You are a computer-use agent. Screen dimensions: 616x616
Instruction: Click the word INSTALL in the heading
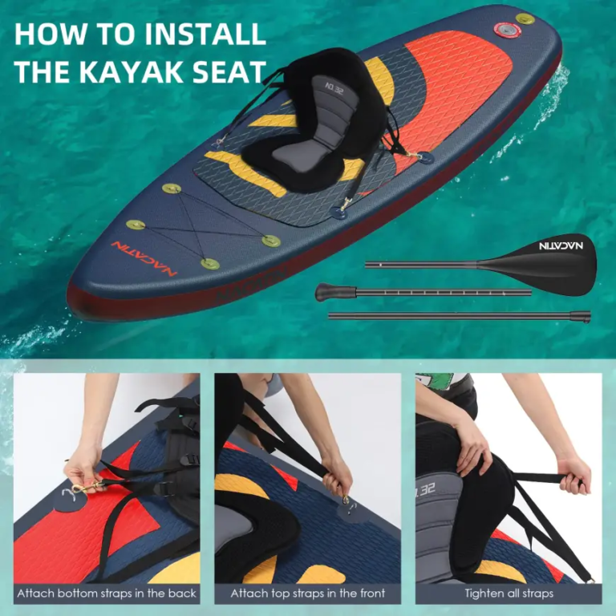click(205, 34)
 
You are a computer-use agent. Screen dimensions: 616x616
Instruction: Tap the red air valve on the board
click(507, 30)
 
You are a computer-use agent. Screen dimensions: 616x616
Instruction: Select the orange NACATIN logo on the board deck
click(144, 258)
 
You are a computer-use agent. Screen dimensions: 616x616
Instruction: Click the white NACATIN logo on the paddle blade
click(561, 246)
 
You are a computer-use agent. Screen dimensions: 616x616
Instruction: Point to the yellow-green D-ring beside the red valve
click(525, 18)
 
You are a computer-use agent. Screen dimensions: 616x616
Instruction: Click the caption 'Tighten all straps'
click(509, 594)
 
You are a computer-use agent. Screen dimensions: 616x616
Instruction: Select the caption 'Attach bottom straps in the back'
click(107, 594)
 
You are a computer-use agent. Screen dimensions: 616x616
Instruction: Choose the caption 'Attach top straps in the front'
click(308, 594)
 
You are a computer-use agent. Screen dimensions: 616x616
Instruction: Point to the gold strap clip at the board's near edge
click(346, 205)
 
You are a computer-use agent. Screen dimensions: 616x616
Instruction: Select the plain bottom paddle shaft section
click(460, 315)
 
